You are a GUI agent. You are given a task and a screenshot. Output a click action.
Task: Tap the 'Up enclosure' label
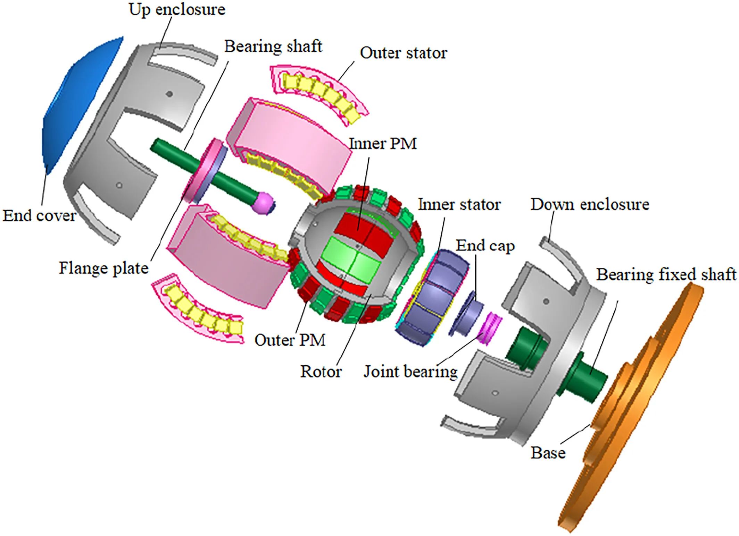coord(177,9)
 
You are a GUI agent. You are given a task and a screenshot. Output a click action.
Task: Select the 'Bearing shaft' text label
coord(273,46)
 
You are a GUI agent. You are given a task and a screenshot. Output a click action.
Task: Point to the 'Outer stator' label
coord(403,53)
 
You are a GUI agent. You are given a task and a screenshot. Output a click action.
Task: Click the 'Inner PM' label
coord(382,144)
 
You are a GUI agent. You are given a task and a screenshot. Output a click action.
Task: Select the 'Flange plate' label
coord(103,268)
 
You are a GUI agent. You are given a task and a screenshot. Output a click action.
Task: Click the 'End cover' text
coord(39,216)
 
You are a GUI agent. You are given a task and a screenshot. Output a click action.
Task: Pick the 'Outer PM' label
coord(290,340)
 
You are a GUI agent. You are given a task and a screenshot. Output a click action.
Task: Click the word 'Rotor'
coord(321,372)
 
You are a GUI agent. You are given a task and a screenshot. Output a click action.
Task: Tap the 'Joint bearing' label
coord(410,372)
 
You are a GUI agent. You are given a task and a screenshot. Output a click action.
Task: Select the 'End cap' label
coord(485,246)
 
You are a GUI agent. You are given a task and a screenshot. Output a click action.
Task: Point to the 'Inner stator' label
coord(459,204)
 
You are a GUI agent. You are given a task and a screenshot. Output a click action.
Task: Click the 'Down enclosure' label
coord(589,204)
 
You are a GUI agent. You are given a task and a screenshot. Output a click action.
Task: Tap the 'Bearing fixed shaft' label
coord(666,274)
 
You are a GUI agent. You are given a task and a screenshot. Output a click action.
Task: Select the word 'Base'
coord(548,453)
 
